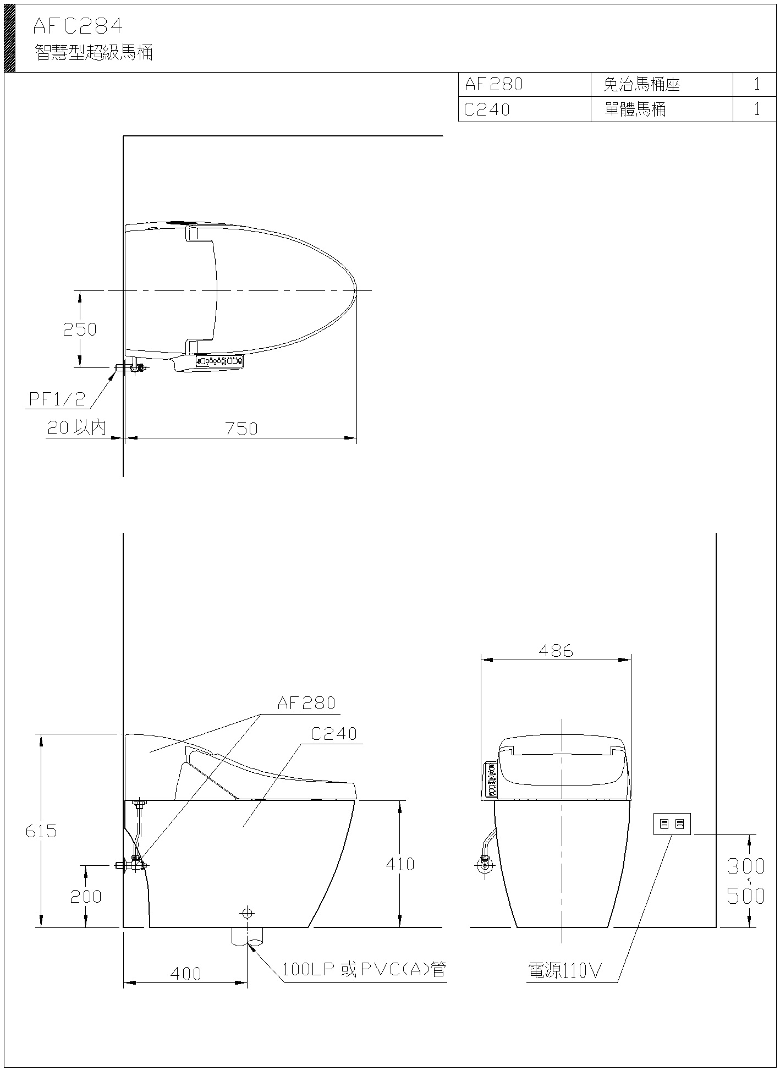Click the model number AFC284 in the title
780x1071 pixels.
click(78, 26)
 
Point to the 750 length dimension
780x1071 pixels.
click(241, 429)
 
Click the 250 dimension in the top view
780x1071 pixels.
click(79, 329)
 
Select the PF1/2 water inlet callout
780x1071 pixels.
click(57, 399)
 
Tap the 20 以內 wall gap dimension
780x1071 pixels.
click(77, 427)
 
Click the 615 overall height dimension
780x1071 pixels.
click(41, 831)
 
